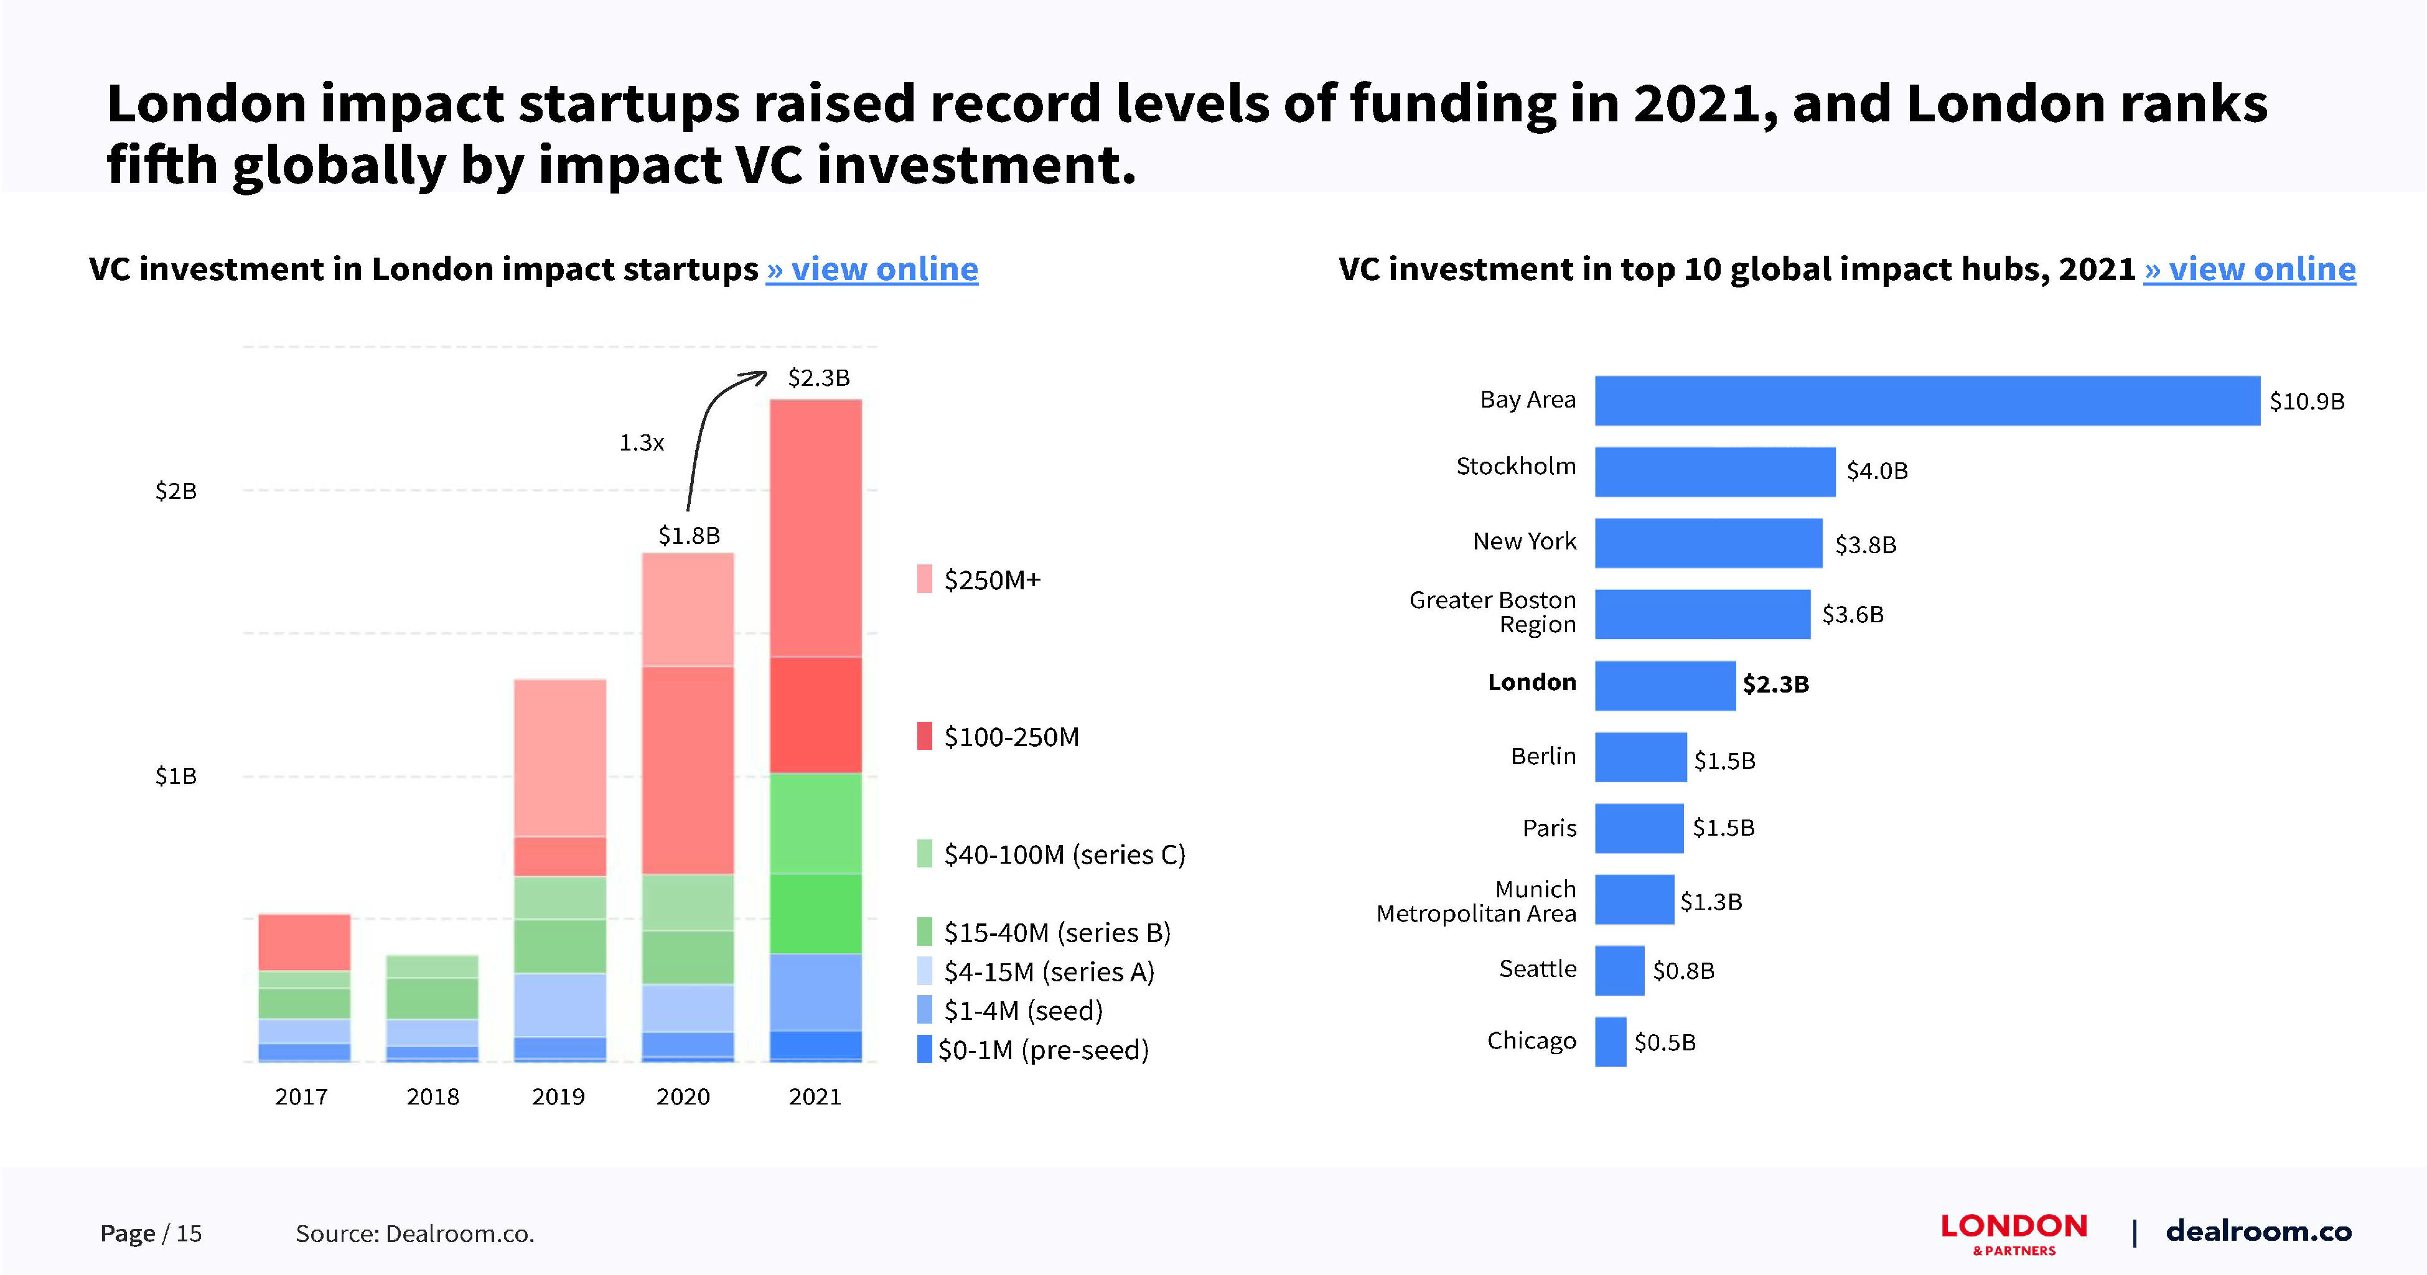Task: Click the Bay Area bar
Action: [1927, 401]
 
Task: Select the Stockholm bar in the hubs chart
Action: [1714, 471]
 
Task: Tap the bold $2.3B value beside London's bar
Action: [1775, 684]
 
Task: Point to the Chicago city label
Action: [1531, 1040]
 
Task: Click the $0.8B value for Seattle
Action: [1683, 971]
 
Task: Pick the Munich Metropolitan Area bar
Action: [1634, 900]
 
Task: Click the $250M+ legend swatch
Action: [924, 579]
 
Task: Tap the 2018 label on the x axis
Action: [433, 1097]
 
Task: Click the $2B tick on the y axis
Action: [176, 491]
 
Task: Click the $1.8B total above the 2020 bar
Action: [689, 535]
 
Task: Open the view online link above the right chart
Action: [2249, 269]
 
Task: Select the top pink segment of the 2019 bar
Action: [559, 758]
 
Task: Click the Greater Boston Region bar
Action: [1701, 614]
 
